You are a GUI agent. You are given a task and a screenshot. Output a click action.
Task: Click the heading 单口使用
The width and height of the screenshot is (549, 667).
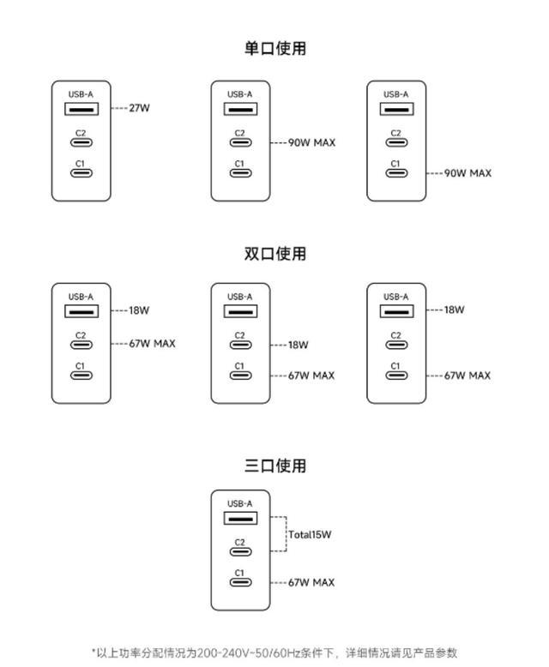point(274,48)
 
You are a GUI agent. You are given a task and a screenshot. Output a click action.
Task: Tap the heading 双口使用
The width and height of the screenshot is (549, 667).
point(274,253)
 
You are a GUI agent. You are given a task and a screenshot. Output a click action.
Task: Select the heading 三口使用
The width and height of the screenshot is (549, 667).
point(274,466)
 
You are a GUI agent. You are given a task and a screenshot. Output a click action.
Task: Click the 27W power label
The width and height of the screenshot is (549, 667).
point(140,109)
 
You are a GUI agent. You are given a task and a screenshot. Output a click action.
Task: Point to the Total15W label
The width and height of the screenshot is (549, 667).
point(310,534)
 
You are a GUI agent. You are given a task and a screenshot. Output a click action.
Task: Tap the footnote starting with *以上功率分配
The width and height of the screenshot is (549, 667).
point(274,652)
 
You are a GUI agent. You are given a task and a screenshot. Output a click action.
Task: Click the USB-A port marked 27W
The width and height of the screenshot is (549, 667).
point(81,109)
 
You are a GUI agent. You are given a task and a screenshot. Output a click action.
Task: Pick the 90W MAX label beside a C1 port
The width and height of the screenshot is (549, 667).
point(468,173)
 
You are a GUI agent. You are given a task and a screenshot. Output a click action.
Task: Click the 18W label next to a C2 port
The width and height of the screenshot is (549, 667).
point(298,345)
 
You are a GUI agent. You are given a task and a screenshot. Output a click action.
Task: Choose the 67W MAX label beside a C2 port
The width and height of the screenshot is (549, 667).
point(152,343)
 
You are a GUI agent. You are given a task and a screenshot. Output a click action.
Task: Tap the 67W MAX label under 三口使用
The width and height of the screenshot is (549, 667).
point(311,582)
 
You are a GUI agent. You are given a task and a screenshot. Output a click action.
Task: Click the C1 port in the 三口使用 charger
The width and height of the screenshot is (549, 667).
point(240,583)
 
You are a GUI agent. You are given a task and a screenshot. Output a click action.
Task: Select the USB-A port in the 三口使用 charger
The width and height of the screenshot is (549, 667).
point(240,519)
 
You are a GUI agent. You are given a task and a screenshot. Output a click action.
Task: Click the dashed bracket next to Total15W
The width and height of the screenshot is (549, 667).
point(280,534)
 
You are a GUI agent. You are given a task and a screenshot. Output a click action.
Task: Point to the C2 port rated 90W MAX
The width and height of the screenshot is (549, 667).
point(240,142)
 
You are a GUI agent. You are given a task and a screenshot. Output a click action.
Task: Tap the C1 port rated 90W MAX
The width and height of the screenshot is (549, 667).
point(395,173)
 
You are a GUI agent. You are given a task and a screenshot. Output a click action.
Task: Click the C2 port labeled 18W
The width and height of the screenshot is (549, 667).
point(240,345)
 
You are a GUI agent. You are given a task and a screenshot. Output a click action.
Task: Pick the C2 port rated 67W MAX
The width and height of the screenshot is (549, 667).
point(81,345)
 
